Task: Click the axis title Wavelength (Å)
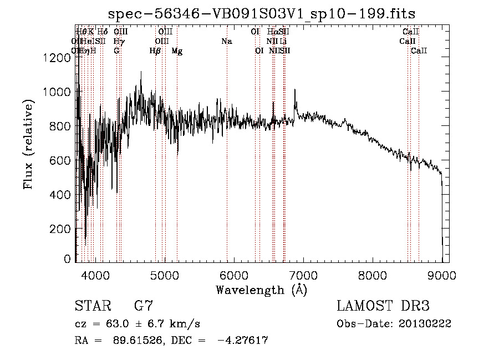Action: [x=261, y=290]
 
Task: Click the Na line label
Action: [x=226, y=41]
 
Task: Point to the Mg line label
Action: [x=177, y=51]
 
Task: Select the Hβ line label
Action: [x=155, y=51]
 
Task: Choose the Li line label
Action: [x=283, y=41]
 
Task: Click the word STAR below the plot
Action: [x=93, y=306]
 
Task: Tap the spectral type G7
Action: [x=144, y=306]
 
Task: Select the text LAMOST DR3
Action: [x=383, y=306]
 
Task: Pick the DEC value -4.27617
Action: [x=242, y=341]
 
